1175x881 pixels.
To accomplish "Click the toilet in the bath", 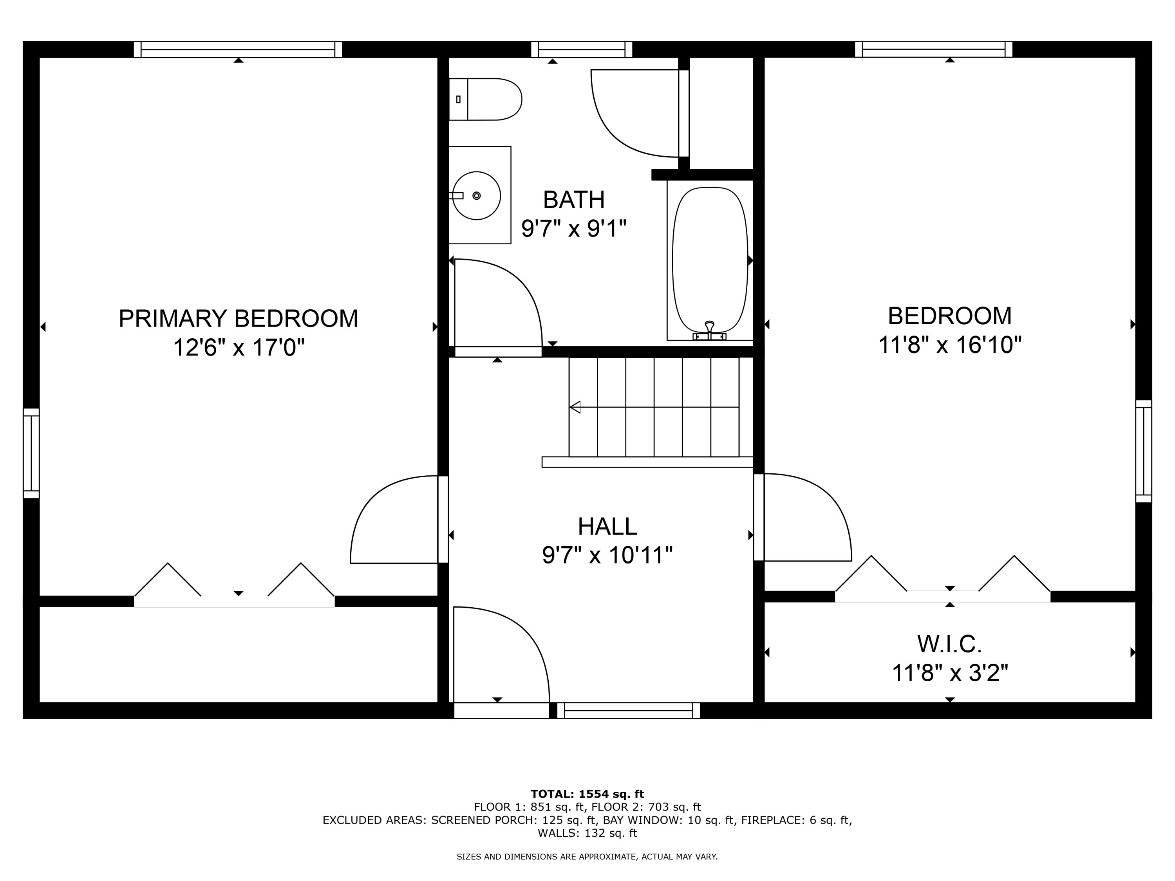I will [x=484, y=99].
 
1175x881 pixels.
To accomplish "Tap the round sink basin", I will [x=477, y=195].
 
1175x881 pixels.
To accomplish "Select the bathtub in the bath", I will [x=710, y=260].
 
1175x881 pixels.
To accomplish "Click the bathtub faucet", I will [x=709, y=327].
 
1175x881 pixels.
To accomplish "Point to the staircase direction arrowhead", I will [x=575, y=407].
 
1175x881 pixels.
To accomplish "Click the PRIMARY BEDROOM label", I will [x=238, y=319].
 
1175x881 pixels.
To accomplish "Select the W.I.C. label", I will [x=949, y=644].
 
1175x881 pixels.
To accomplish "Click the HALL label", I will [x=607, y=527].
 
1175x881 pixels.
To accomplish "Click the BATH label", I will [x=574, y=200].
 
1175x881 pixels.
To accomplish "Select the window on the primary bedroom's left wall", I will [x=31, y=453].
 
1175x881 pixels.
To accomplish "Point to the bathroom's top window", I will [x=582, y=49].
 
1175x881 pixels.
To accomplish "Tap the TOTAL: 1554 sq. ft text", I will [x=587, y=794].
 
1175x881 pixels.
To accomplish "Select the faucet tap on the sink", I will [x=457, y=195].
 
